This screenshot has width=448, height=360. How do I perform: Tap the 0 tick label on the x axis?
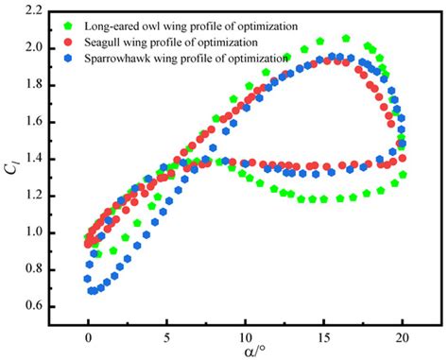pos(89,335)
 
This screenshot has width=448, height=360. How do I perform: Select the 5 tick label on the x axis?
pos(167,335)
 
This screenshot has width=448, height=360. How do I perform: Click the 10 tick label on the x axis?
pos(246,335)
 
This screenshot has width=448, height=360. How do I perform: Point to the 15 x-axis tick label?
pos(324,335)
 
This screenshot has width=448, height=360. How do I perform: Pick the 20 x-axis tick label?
pos(403,335)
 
